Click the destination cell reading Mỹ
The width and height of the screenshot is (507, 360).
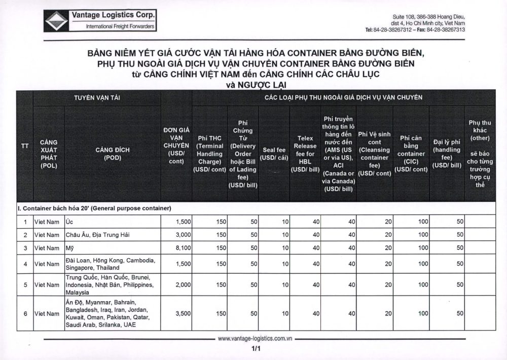tap(70, 248)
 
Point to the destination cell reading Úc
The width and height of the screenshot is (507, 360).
tap(70, 222)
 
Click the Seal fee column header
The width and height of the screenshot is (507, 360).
tap(274, 154)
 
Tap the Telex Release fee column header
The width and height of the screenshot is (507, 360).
tap(305, 154)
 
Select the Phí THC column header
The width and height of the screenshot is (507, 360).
tap(209, 154)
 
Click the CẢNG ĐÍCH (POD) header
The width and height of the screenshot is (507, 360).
tap(112, 154)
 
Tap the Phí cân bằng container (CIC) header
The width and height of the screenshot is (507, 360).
tap(411, 154)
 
